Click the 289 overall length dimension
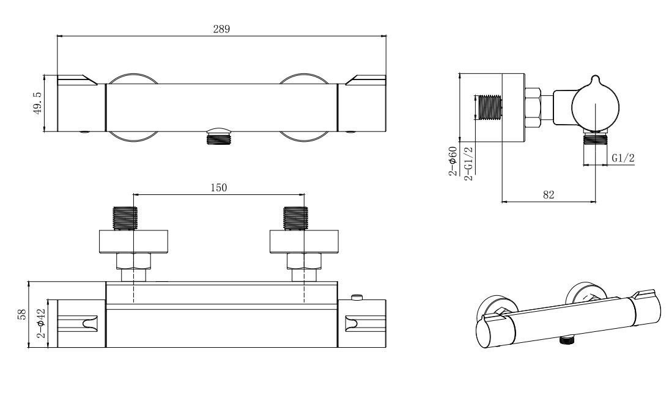pyautogui.click(x=221, y=29)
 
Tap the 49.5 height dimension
pyautogui.click(x=38, y=103)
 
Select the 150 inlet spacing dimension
pyautogui.click(x=219, y=188)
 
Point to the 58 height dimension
pyautogui.click(x=22, y=314)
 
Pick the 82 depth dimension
pyautogui.click(x=548, y=195)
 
